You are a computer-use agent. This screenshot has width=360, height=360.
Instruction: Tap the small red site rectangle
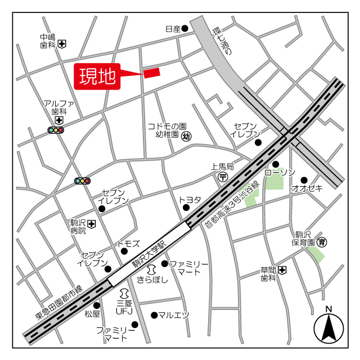point(152,73)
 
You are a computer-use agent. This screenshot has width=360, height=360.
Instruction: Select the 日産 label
point(173,28)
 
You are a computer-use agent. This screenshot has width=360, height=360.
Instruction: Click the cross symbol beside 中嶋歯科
point(62,43)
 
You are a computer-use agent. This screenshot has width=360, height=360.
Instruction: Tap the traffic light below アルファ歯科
point(56,130)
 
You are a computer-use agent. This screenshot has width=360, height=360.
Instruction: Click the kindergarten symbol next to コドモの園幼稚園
point(187,135)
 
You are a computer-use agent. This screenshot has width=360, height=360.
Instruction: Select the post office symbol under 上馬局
point(223,177)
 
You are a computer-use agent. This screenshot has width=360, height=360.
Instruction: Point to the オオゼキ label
point(307,188)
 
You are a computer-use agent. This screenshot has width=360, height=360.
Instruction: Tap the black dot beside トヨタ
point(186,208)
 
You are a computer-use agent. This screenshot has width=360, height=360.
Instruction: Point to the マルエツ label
point(173,315)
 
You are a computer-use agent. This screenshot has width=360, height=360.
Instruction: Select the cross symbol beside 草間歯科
point(282,271)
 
